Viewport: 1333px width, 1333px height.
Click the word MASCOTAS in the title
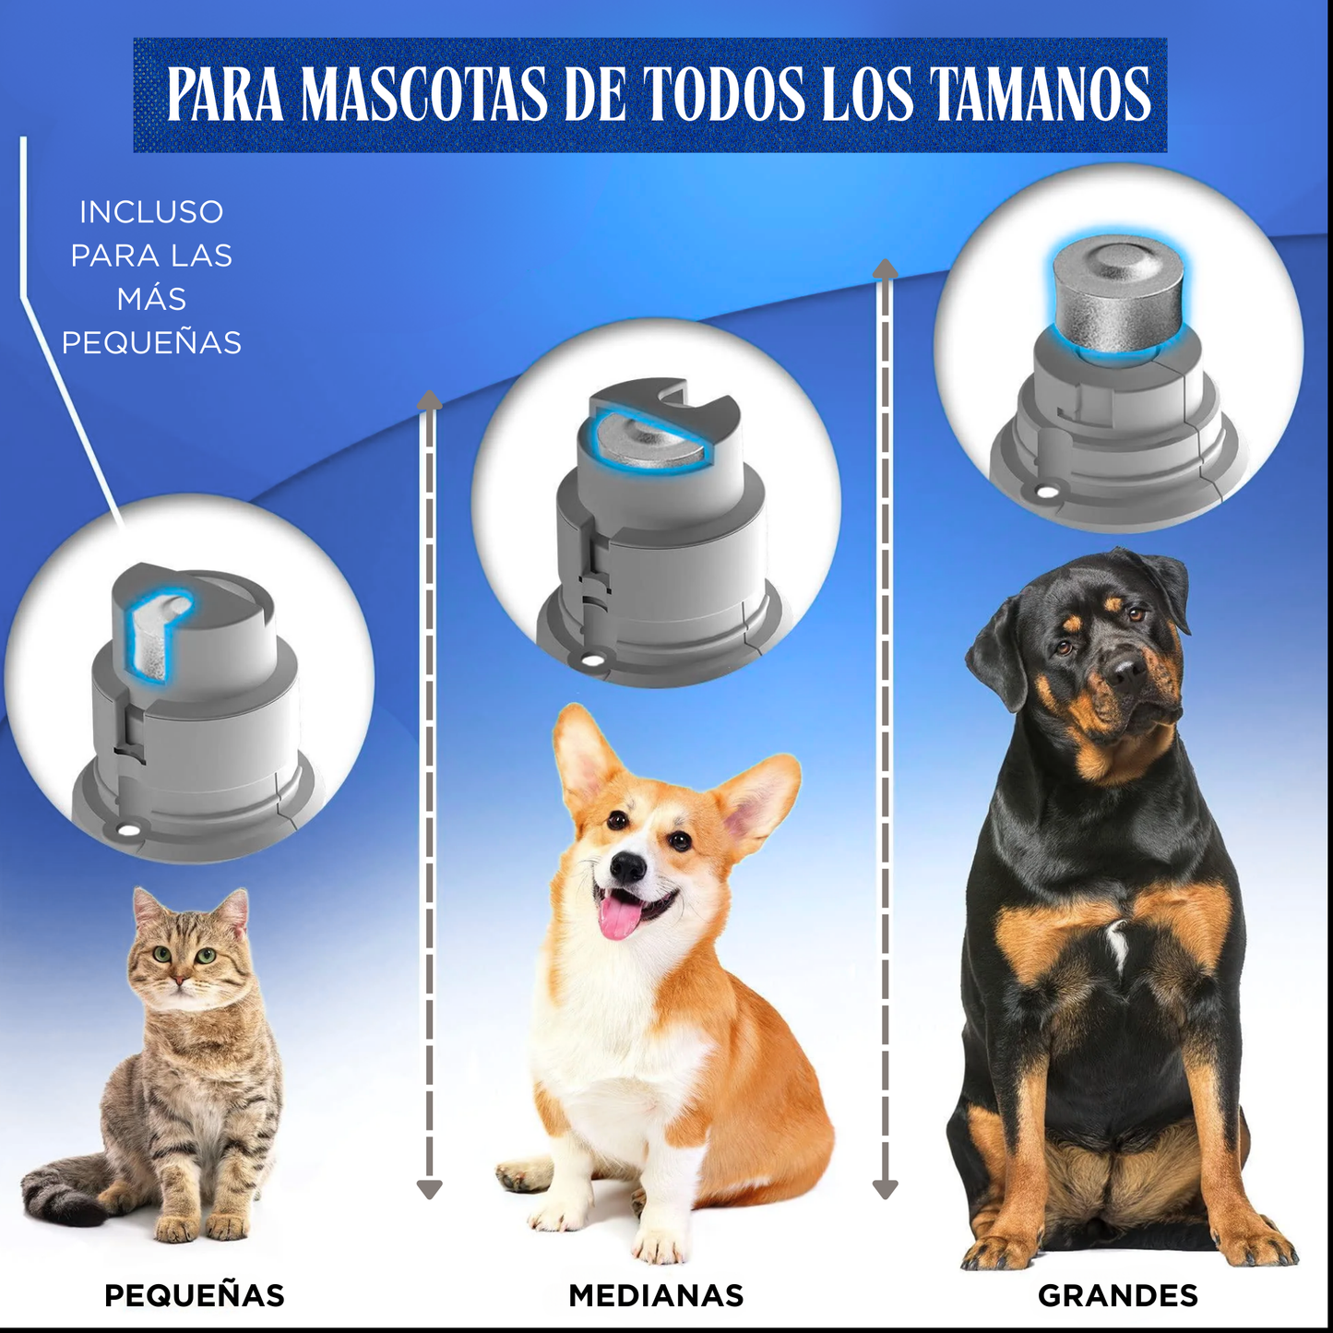click(x=424, y=94)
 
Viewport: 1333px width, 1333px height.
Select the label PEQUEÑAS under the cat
click(x=195, y=1295)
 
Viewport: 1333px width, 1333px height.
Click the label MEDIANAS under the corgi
click(x=656, y=1295)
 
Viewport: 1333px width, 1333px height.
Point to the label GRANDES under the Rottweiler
click(x=1117, y=1295)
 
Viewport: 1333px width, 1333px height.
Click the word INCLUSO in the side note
click(x=151, y=212)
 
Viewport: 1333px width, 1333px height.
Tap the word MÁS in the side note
click(x=151, y=299)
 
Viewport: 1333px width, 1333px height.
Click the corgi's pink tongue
click(x=619, y=917)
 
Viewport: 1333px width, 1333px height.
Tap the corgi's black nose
click(x=628, y=866)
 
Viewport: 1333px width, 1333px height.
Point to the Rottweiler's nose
click(x=1126, y=670)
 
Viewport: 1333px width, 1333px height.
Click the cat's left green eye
click(x=162, y=954)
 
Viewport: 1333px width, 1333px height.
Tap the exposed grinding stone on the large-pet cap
click(x=1118, y=293)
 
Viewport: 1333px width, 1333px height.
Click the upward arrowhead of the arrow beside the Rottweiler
click(x=886, y=269)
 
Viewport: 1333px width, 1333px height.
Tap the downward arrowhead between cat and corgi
click(x=429, y=1189)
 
